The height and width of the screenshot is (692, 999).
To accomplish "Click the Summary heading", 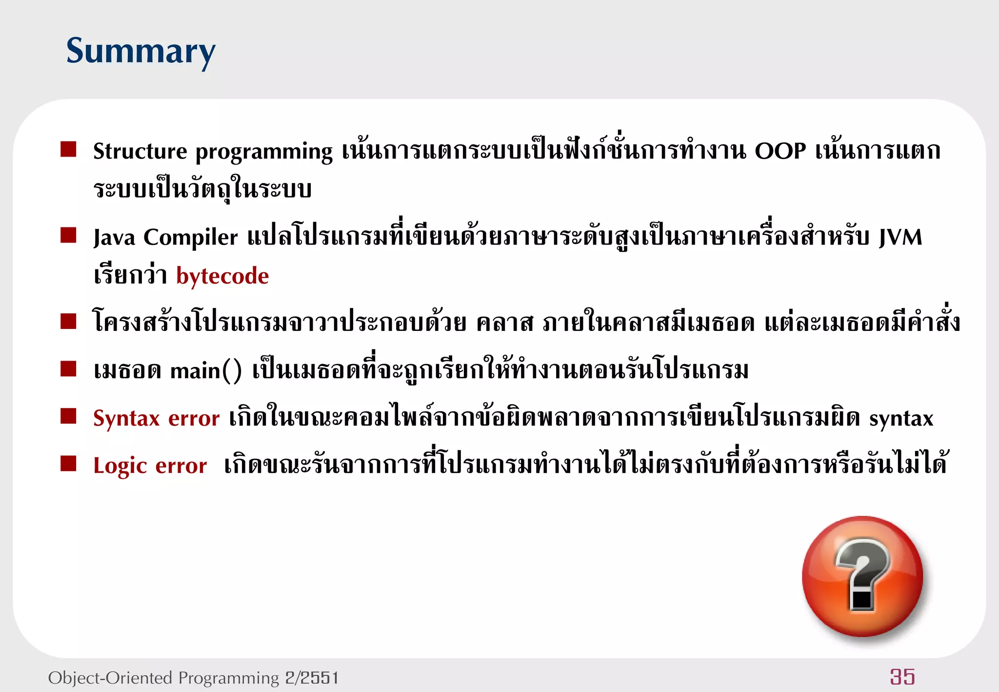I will (140, 51).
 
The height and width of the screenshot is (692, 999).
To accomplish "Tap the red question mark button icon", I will (862, 576).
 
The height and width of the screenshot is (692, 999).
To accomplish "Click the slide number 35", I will (902, 677).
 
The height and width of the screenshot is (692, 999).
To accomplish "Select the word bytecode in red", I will (222, 276).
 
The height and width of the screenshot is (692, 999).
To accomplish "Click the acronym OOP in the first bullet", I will (780, 151).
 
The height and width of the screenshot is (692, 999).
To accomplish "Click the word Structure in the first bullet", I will (140, 151).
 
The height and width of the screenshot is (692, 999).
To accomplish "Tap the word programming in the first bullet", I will (264, 152).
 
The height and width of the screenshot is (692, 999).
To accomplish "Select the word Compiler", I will (191, 238).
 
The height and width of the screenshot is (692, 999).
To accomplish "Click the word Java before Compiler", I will (114, 238).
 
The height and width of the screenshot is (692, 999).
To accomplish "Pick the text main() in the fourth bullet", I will (206, 371).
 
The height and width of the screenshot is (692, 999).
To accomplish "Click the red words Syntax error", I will (156, 418).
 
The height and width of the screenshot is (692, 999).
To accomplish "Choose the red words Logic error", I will (150, 466).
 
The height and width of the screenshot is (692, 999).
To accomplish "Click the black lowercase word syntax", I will (901, 419).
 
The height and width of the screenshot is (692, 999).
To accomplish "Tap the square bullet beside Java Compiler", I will (68, 235).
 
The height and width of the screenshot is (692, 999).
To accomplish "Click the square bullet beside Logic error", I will (68, 463).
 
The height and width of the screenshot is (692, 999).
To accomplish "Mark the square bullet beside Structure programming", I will (68, 149).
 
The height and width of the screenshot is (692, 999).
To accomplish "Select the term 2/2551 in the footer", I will (312, 678).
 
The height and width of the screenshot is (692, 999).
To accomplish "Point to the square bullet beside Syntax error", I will (68, 416).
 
